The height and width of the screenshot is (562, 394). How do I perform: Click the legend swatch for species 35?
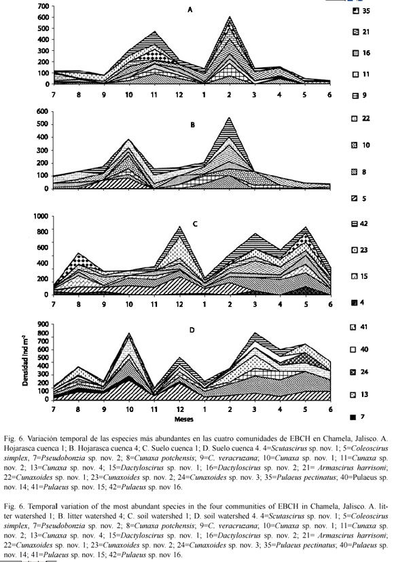click(x=355, y=11)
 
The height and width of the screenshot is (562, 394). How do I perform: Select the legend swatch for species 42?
click(x=355, y=224)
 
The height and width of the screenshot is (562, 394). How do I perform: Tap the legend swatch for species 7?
click(x=353, y=417)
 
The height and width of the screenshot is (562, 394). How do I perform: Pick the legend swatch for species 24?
click(x=353, y=372)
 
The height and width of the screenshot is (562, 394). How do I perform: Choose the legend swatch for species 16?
click(x=355, y=53)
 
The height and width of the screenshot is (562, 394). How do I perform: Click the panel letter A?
click(x=190, y=10)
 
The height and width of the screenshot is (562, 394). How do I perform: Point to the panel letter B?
click(x=193, y=125)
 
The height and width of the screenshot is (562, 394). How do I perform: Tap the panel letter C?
click(x=195, y=224)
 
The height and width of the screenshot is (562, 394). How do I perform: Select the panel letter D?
click(x=192, y=330)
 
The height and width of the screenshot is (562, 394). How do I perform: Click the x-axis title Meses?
click(x=183, y=419)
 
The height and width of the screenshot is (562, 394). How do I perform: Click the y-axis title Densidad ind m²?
click(x=25, y=360)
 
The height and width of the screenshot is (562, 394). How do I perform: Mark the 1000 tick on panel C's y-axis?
click(x=41, y=216)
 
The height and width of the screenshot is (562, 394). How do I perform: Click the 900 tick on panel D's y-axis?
click(x=43, y=324)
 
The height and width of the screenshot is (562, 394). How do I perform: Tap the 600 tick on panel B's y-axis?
click(x=42, y=111)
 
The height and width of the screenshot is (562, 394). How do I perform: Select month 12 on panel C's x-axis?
click(x=179, y=304)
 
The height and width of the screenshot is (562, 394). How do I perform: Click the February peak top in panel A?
click(x=230, y=16)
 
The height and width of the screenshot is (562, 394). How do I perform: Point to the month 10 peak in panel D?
click(x=130, y=333)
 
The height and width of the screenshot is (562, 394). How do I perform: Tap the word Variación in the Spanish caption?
click(x=43, y=438)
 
